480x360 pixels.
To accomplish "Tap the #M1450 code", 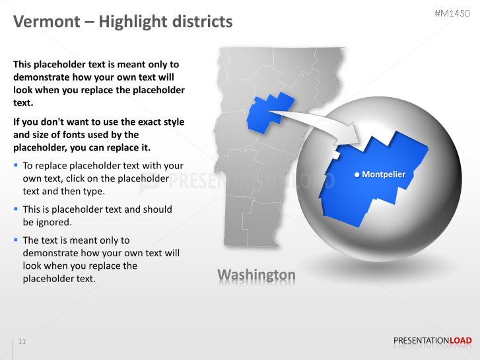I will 453,13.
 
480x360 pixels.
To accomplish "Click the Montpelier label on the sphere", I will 384,174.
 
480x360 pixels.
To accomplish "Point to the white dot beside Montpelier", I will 357,175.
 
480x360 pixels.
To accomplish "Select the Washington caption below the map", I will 256,274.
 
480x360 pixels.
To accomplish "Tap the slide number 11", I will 22,342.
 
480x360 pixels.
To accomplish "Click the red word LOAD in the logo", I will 461,341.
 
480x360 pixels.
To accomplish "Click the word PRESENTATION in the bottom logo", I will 421,341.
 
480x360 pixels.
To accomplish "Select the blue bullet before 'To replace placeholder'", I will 16,164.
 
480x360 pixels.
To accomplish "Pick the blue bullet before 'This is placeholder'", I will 16,208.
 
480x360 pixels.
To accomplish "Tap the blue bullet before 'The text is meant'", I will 16,239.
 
